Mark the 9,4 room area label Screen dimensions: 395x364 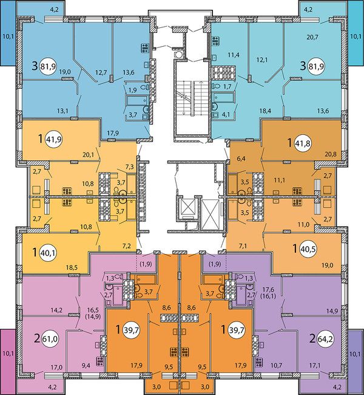click(x=86, y=366)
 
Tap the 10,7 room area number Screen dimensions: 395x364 click(x=277, y=366)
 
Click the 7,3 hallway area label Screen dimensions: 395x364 click(x=129, y=167)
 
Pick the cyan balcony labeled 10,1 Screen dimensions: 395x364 click(x=356, y=36)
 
